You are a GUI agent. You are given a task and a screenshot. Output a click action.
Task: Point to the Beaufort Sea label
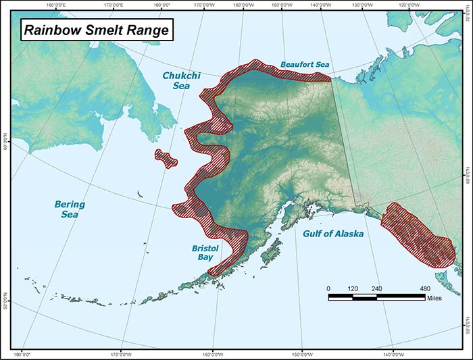tap(305, 65)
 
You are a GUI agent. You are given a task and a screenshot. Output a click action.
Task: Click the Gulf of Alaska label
tap(332, 234)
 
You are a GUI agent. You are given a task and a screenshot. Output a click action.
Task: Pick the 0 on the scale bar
tap(329, 288)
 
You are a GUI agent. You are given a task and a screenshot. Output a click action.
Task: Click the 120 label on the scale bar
tap(353, 288)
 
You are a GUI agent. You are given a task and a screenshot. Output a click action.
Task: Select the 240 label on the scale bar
tap(376, 288)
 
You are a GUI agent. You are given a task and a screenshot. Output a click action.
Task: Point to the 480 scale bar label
tap(425, 288)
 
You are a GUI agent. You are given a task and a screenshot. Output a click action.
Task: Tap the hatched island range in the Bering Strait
tap(166, 158)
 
